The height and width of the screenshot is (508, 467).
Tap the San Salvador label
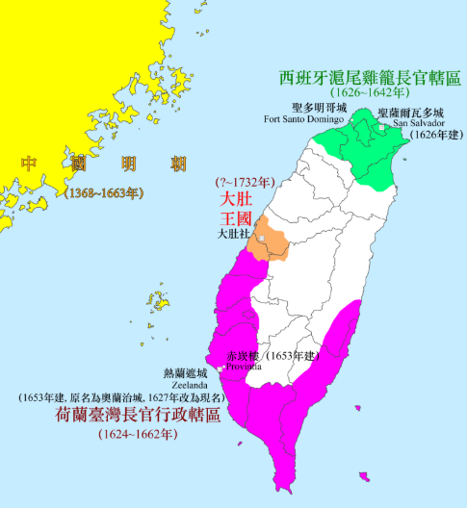click(415, 122)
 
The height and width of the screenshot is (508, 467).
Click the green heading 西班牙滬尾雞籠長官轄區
click(370, 75)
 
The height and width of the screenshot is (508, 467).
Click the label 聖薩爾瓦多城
click(411, 112)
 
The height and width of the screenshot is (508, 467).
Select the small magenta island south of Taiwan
click(363, 476)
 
